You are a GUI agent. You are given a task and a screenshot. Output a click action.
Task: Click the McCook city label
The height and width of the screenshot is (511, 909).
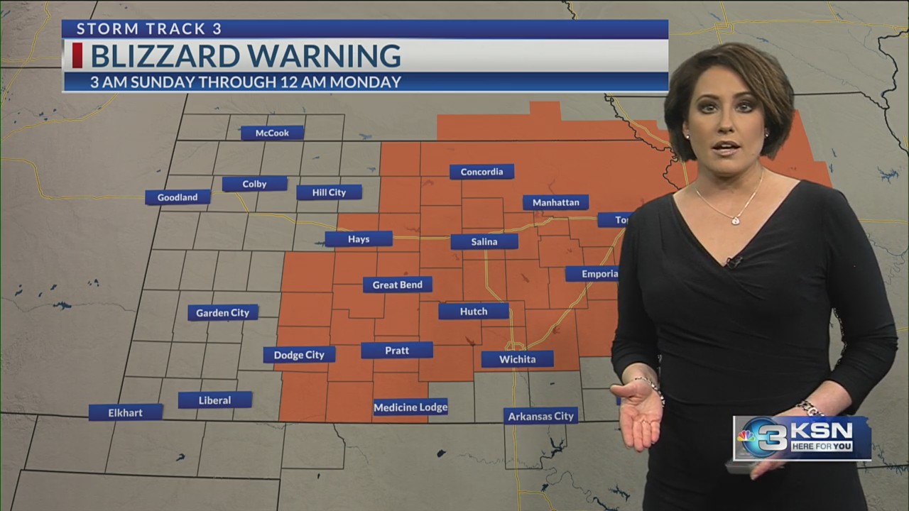pos(272,133)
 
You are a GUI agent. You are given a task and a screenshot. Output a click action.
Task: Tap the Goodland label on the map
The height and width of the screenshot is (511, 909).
pos(178,197)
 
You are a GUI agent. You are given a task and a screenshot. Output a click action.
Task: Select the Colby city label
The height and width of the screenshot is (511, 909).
pos(254,184)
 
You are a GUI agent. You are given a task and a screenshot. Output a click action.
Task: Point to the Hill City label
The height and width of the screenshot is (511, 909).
pos(329,192)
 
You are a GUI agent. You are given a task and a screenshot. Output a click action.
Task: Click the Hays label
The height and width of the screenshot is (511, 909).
pos(359,239)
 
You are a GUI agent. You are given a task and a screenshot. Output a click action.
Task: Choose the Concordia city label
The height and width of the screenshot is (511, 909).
pos(481,172)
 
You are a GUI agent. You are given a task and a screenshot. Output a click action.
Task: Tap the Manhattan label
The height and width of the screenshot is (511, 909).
pos(555,202)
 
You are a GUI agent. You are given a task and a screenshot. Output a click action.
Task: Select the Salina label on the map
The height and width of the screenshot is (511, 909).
pos(484,241)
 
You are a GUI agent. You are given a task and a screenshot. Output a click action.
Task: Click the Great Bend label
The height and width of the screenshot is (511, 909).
pos(398,285)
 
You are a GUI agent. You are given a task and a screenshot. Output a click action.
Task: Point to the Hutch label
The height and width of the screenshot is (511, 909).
pos(473,312)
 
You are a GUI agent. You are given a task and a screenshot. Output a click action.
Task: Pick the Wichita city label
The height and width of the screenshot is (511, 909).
pos(517,359)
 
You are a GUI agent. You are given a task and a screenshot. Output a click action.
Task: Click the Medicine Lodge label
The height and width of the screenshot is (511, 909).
pos(410,407)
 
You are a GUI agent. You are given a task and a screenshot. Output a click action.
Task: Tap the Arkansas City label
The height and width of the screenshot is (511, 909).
pos(540,416)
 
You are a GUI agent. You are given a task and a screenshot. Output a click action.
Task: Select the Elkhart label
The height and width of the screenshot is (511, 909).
pos(126,412)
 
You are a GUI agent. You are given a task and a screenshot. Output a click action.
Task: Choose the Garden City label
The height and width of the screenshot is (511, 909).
pos(223,313)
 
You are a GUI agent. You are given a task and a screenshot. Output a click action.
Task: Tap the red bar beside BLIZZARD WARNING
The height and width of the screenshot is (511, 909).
pos(77,55)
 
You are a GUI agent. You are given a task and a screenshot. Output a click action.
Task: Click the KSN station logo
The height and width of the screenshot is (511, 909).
pos(802,439)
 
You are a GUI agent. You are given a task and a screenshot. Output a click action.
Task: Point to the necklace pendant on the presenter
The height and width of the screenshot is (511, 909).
pos(735,220)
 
